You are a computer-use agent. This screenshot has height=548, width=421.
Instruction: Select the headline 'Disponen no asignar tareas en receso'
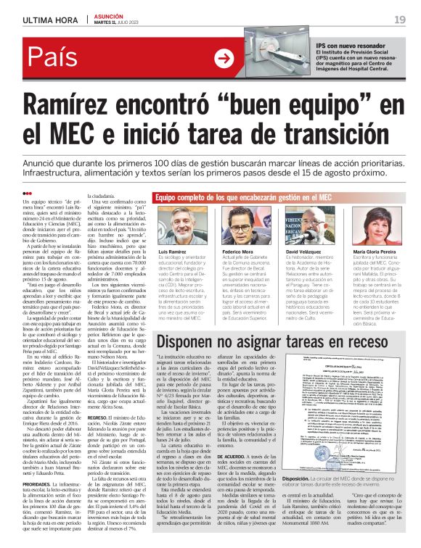280,341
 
